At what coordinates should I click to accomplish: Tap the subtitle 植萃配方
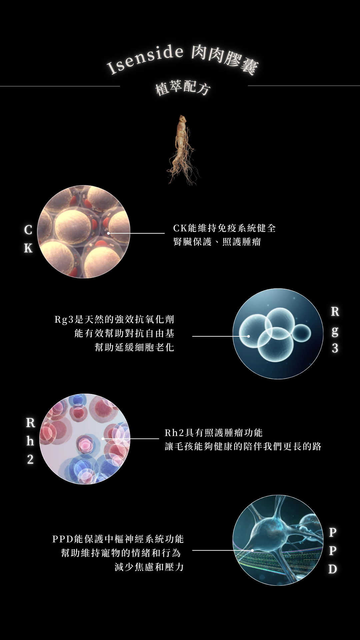(x=183, y=88)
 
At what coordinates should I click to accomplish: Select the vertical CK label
(x=28, y=239)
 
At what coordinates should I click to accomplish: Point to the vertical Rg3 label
(x=335, y=330)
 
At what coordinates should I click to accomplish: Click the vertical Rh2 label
(x=30, y=441)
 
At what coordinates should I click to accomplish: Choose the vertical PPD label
(x=332, y=550)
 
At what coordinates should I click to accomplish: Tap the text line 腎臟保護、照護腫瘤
(x=217, y=242)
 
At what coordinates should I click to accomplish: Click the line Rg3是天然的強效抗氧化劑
(x=114, y=319)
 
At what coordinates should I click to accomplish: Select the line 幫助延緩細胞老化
(x=134, y=347)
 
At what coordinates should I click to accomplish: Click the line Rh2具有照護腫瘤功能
(x=214, y=433)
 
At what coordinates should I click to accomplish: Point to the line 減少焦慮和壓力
(x=149, y=567)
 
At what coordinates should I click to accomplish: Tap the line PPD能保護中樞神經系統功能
(x=118, y=539)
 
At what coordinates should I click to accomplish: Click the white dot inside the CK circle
(x=108, y=233)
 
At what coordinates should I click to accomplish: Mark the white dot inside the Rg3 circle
(x=248, y=336)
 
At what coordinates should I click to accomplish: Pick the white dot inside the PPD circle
(x=252, y=550)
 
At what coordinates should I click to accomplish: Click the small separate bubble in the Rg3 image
(x=302, y=333)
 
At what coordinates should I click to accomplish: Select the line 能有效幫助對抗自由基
(x=124, y=333)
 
